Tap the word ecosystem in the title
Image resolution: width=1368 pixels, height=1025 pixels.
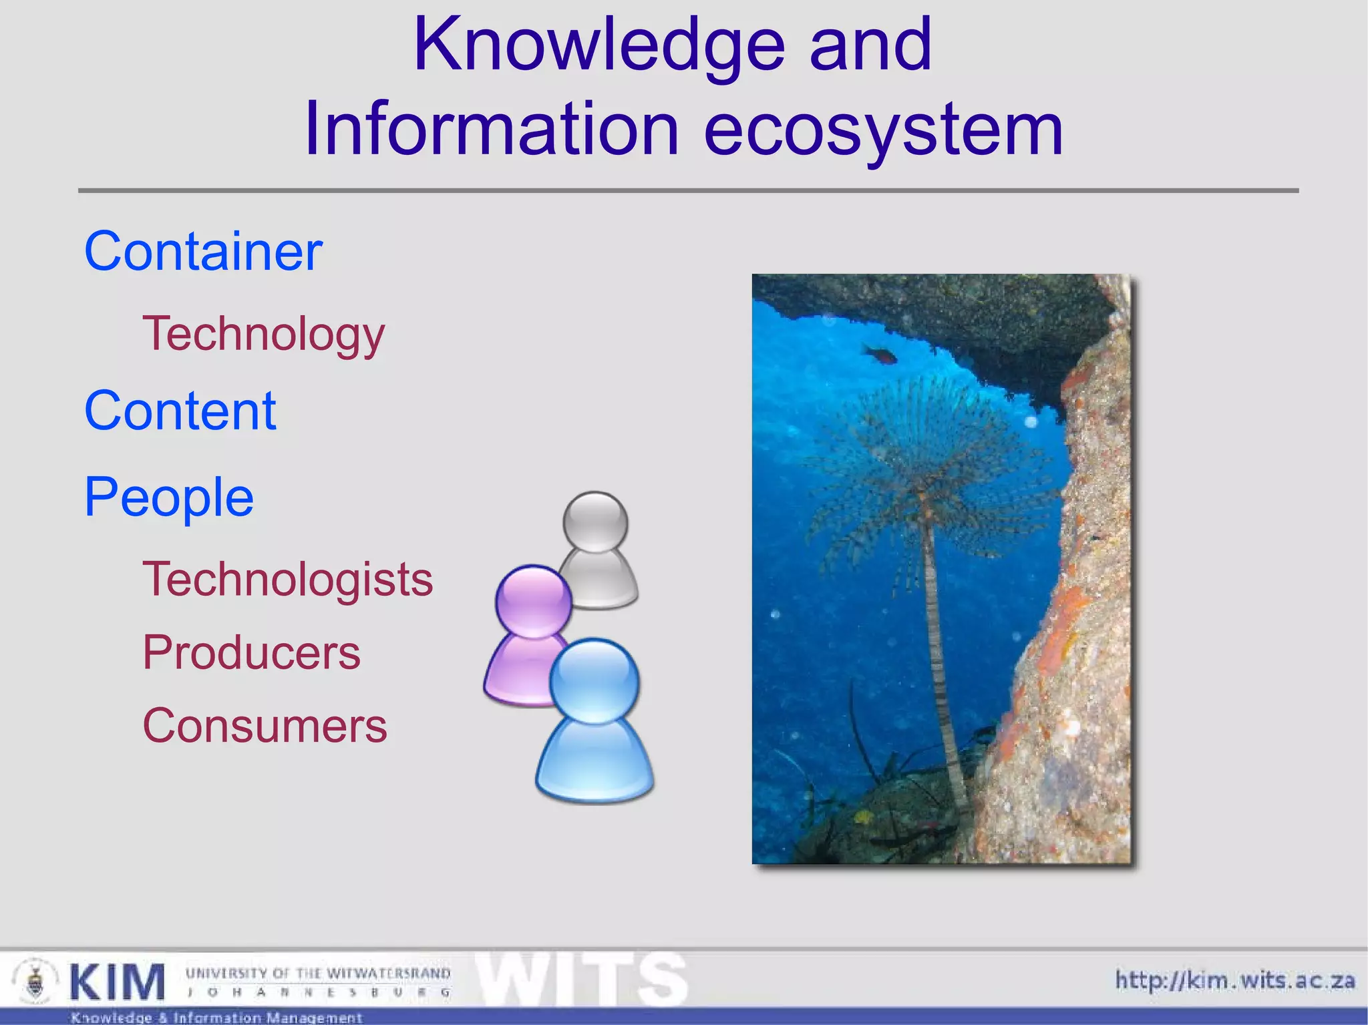(x=883, y=130)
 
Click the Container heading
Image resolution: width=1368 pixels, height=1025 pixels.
(x=203, y=252)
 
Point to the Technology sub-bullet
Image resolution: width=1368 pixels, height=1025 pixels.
(x=263, y=335)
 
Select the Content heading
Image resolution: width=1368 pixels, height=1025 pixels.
(x=180, y=411)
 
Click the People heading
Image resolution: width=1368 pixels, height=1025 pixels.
(x=168, y=497)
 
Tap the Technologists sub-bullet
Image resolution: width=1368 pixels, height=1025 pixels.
(x=288, y=579)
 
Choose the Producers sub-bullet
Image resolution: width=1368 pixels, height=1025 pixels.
(x=251, y=652)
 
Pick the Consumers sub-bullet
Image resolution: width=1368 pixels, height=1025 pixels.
(x=265, y=726)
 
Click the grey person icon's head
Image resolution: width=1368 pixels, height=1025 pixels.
(x=595, y=522)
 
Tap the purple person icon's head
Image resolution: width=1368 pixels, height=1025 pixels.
(x=533, y=600)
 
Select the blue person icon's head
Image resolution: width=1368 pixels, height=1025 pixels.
(x=594, y=680)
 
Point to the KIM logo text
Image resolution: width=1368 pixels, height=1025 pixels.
(x=117, y=982)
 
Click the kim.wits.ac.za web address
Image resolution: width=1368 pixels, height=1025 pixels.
(x=1235, y=980)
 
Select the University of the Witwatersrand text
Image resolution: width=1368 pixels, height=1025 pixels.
(x=318, y=973)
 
